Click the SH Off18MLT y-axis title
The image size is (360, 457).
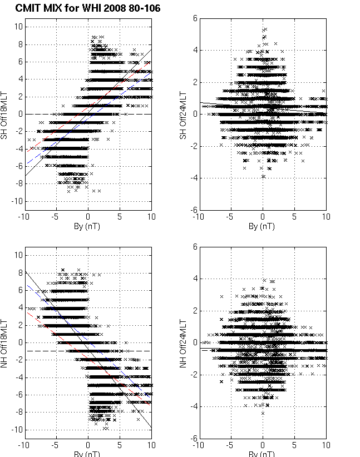coord(6,113)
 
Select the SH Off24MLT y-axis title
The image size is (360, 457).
coord(183,113)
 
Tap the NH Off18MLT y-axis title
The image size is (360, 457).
coord(6,342)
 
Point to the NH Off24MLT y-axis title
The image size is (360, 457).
coord(183,342)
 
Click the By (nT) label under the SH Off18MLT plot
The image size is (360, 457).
coord(88,227)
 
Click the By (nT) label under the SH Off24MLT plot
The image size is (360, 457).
coord(263,227)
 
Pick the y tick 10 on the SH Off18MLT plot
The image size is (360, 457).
coord(18,27)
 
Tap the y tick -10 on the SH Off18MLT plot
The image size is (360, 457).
coord(17,201)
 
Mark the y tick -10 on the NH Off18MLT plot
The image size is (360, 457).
coord(17,430)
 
